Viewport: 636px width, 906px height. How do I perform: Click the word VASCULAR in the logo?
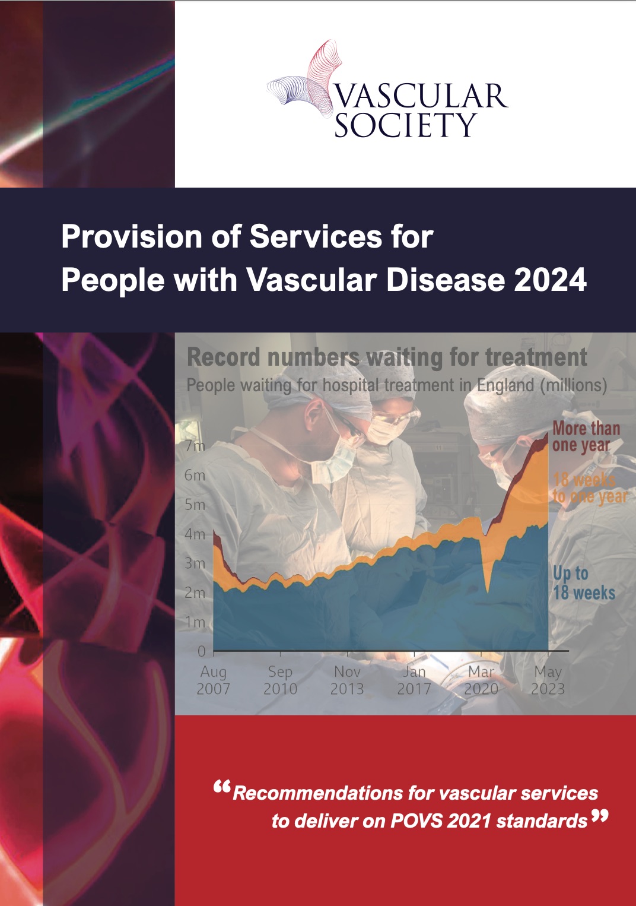tap(420, 96)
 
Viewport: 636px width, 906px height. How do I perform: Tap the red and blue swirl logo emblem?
tap(305, 79)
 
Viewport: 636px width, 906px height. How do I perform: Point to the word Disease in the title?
tap(446, 280)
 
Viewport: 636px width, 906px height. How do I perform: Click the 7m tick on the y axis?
tap(195, 446)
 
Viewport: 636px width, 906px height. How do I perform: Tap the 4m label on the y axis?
tap(195, 534)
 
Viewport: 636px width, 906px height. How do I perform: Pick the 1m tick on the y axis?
tap(195, 622)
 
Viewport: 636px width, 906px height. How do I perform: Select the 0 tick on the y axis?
tap(202, 651)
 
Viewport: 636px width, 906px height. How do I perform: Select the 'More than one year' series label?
tap(586, 437)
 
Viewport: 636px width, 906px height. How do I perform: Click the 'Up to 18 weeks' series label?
tap(584, 583)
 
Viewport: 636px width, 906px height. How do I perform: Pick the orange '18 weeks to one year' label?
tap(590, 488)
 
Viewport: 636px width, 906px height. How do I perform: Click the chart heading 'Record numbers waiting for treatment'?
tap(387, 357)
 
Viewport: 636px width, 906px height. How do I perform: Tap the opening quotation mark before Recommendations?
tap(222, 787)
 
